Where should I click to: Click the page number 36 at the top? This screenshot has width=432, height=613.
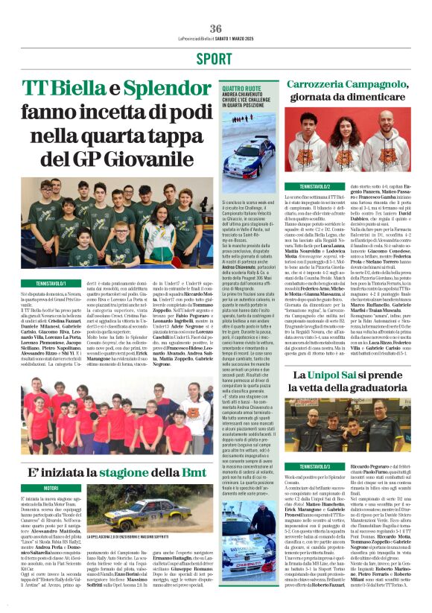216,28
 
